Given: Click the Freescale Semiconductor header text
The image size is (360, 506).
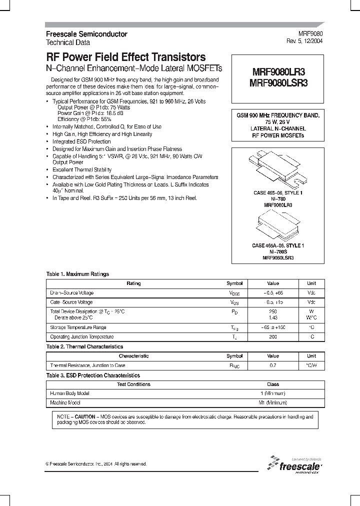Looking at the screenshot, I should [x=86, y=34].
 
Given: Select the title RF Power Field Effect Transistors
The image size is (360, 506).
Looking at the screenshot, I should [x=125, y=57].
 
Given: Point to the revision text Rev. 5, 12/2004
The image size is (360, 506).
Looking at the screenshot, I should [x=304, y=41].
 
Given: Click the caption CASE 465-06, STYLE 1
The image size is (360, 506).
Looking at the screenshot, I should [x=278, y=193].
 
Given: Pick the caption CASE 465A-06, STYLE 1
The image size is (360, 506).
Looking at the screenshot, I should [x=278, y=245].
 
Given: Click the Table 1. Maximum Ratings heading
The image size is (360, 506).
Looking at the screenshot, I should [x=77, y=274].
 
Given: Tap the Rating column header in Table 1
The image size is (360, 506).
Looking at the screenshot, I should [x=133, y=283].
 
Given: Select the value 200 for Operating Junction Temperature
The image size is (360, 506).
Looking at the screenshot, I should [x=273, y=337].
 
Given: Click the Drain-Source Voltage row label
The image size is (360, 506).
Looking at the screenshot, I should [x=72, y=293].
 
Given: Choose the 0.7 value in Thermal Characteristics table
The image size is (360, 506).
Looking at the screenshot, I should [x=273, y=365].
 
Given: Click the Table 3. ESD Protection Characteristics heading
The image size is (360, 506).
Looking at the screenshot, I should [x=93, y=375].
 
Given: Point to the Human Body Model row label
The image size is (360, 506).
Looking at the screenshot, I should [x=70, y=393].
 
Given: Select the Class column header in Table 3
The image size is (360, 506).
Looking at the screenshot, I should [x=273, y=384].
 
